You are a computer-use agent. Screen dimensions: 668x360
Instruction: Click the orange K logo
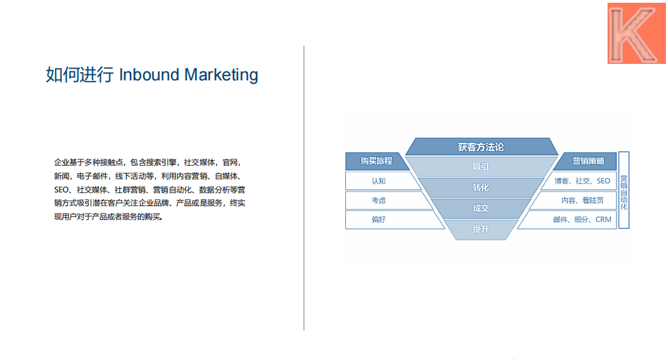636,33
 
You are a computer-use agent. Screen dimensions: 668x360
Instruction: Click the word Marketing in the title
221,75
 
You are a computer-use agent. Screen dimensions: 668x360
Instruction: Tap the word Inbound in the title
149,75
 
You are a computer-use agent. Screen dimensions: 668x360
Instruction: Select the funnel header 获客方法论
481,147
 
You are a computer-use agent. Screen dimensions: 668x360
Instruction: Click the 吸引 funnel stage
481,167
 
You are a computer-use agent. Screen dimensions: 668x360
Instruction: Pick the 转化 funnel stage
481,188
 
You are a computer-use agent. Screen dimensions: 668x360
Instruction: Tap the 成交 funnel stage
481,208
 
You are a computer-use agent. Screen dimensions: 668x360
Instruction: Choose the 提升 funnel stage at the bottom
481,229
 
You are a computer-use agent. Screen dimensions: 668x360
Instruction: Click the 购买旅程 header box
377,161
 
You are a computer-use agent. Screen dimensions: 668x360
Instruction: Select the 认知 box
378,181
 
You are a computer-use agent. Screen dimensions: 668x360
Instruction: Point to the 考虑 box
378,201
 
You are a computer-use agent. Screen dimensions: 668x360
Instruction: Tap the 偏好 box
378,220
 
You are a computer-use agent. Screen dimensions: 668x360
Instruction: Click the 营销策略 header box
588,161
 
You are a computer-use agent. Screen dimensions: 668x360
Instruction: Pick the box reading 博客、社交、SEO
582,181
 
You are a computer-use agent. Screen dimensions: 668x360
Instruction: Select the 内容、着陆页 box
582,201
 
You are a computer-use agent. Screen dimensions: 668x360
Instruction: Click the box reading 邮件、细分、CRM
582,220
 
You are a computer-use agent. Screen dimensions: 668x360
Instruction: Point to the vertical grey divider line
303,188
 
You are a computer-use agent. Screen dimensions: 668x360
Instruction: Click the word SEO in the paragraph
61,190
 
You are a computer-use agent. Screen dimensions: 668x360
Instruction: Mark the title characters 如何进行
80,75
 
